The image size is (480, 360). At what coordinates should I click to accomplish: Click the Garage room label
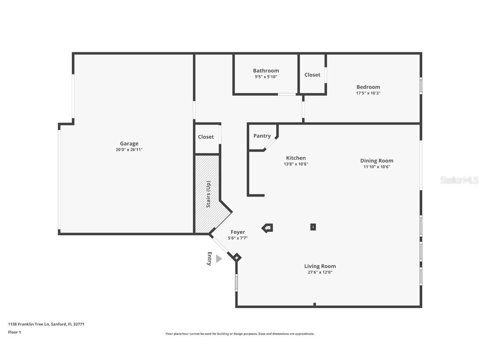(x=129, y=144)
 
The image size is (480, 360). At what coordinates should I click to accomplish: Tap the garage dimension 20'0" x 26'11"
(x=129, y=150)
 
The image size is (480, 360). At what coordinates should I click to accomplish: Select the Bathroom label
(x=266, y=71)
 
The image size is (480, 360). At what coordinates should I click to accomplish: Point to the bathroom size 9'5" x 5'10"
(x=266, y=77)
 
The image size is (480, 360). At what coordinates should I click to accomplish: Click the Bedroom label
(x=368, y=87)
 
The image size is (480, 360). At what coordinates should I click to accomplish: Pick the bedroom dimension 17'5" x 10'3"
(x=368, y=93)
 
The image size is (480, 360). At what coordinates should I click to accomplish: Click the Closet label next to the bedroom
(x=312, y=75)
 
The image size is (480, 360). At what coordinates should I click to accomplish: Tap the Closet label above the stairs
(x=206, y=137)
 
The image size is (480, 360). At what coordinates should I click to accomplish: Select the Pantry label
(x=262, y=136)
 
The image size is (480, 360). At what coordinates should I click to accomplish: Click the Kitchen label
(x=296, y=158)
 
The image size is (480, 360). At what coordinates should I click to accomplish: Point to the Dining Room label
(x=377, y=161)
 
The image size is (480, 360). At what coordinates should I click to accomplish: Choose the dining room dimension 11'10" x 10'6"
(x=377, y=167)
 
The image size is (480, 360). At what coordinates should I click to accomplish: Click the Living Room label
(x=320, y=266)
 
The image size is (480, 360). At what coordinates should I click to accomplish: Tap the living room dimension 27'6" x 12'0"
(x=320, y=272)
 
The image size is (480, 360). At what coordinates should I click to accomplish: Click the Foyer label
(x=238, y=232)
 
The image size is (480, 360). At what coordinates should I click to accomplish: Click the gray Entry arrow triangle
(x=218, y=259)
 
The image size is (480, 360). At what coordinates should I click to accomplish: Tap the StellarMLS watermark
(x=459, y=180)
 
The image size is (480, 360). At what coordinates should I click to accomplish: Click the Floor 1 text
(x=14, y=332)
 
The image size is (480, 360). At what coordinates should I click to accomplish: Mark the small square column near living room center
(x=313, y=227)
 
